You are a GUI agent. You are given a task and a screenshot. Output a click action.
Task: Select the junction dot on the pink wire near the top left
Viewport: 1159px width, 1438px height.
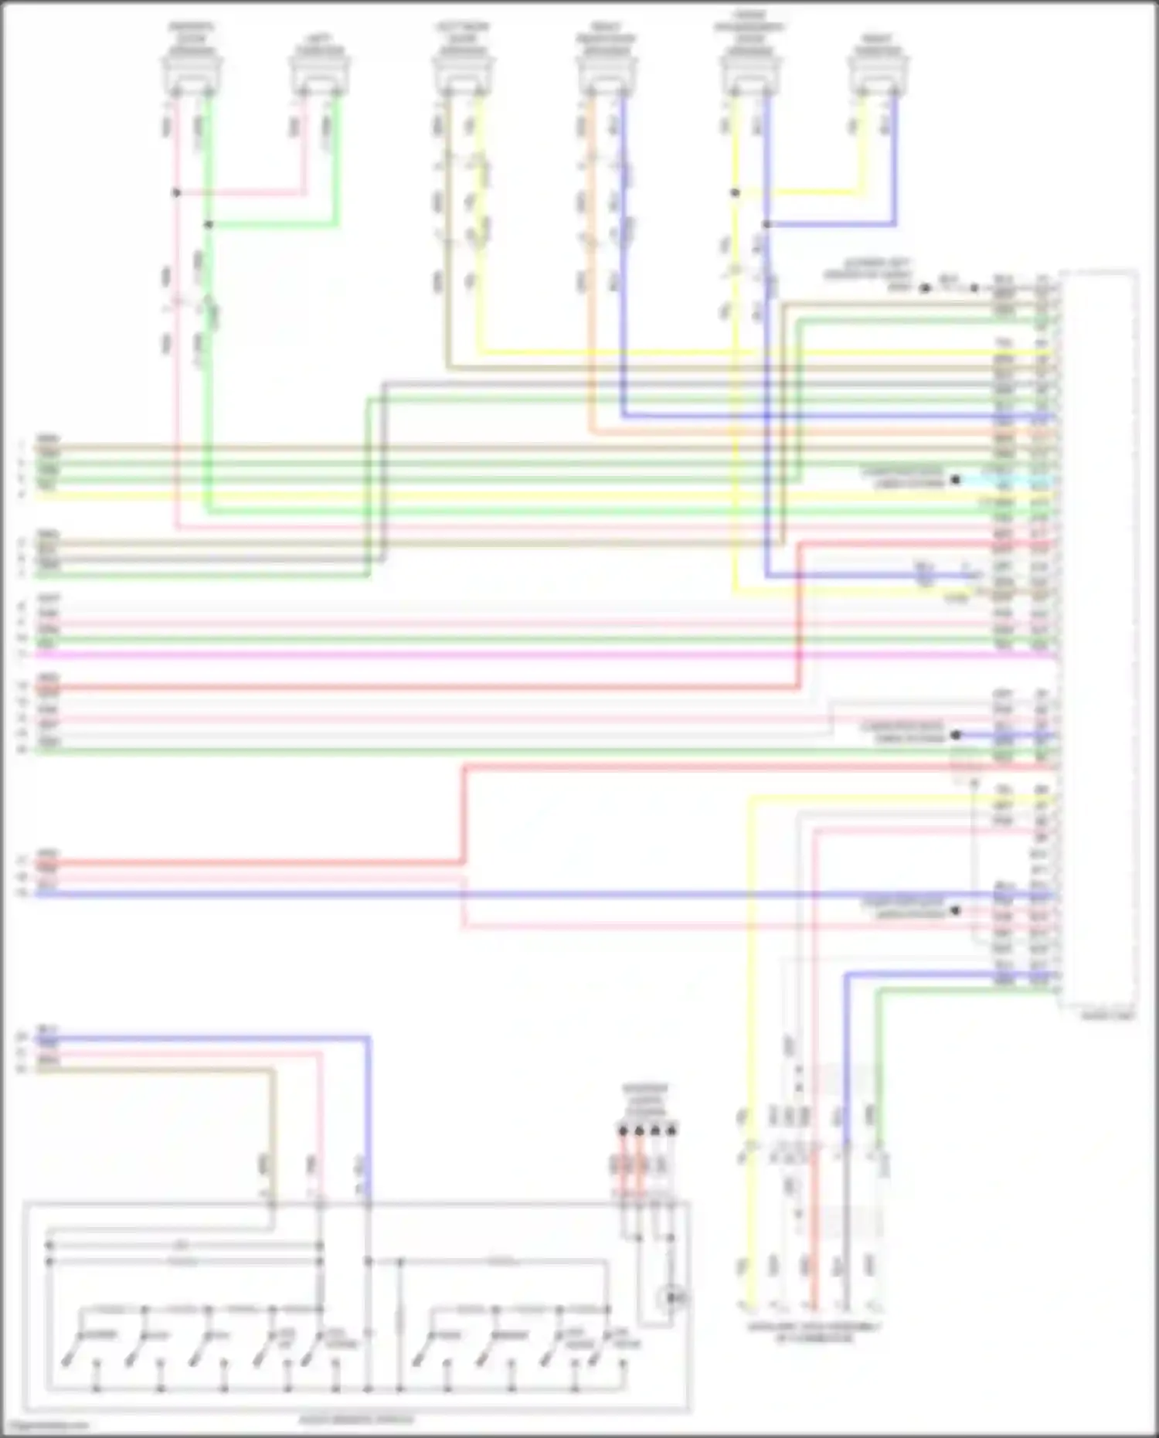[x=176, y=192]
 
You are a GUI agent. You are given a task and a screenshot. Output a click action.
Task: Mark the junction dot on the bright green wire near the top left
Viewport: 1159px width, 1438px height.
[x=208, y=225]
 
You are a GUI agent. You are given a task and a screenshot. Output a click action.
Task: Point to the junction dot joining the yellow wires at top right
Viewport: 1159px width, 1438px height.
[x=735, y=192]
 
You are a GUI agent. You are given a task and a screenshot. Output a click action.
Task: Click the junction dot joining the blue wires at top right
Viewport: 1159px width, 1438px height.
[x=766, y=225]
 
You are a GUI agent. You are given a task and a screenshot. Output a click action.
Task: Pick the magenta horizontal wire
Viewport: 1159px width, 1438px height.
[x=541, y=655]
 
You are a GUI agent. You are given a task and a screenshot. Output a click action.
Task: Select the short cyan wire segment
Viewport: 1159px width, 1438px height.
[x=1004, y=480]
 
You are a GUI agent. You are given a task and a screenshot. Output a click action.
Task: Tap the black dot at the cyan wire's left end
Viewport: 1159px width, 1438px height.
[x=956, y=480]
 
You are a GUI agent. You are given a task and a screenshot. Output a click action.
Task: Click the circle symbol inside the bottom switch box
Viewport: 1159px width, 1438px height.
[x=675, y=1297]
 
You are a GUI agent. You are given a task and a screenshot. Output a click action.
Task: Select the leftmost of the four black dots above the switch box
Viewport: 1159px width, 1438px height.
[x=623, y=1131]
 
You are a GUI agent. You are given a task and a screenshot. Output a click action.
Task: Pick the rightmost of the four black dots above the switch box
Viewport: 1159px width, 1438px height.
[x=671, y=1131]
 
